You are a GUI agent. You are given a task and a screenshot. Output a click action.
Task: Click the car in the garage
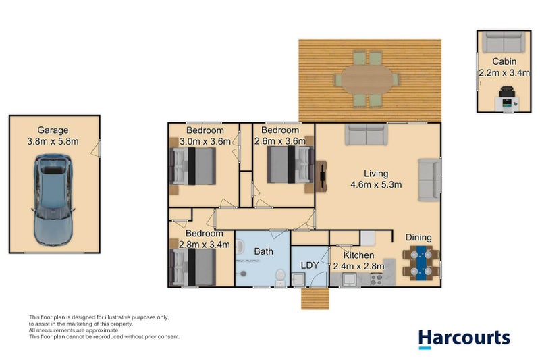53,200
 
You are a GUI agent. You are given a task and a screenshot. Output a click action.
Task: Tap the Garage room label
53,130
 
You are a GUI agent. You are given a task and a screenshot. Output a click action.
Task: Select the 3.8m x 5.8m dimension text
53,142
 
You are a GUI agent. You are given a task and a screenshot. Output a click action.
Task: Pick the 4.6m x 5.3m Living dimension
377,185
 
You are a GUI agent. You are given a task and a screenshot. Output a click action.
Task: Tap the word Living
377,174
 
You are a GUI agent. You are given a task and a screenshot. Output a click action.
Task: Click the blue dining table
421,263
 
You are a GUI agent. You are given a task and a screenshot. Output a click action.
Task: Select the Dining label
418,237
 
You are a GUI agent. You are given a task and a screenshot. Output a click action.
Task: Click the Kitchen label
358,255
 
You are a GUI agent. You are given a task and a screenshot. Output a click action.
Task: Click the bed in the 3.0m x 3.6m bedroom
194,166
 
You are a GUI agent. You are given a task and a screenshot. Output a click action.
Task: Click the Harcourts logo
464,338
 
